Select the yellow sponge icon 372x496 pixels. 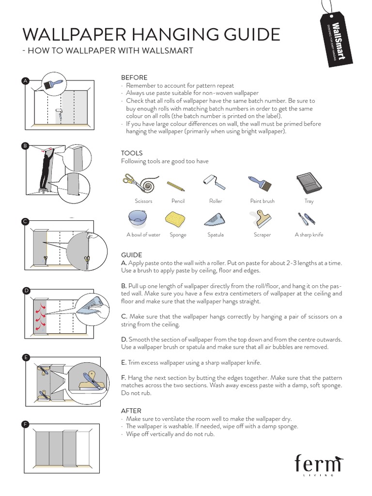[175, 219]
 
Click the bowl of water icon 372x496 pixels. [138, 218]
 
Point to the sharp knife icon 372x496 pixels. [307, 219]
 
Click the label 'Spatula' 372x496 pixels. [216, 235]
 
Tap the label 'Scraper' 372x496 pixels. [262, 235]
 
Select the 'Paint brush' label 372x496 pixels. [262, 201]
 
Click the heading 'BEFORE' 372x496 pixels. [134, 77]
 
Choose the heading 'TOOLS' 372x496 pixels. [132, 153]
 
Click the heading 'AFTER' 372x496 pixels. [131, 411]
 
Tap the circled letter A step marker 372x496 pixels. [25, 81]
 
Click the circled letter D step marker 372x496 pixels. [27, 290]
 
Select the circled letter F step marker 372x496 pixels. [25, 424]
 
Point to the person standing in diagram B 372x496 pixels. [46, 170]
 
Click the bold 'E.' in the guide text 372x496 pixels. [124, 362]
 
